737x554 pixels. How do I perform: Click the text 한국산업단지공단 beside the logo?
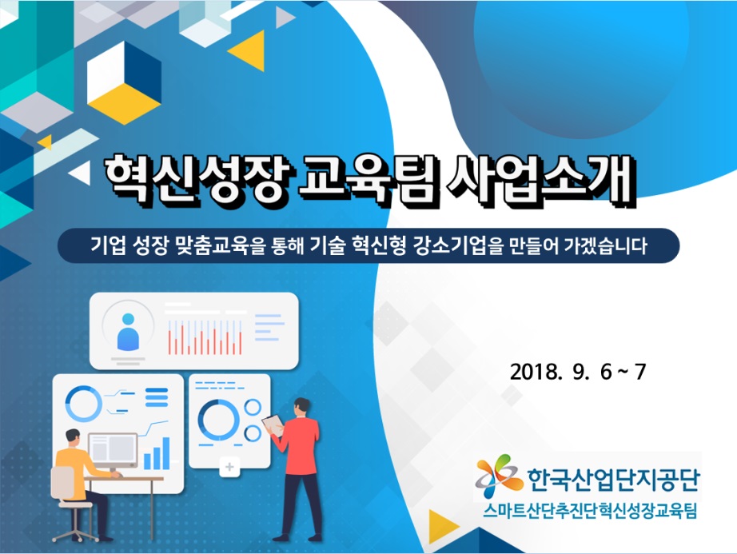pyautogui.click(x=613, y=480)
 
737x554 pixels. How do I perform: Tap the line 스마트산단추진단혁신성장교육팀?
pyautogui.click(x=590, y=512)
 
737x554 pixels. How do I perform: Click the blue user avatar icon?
pyautogui.click(x=128, y=332)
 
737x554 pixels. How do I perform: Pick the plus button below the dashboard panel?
pyautogui.click(x=230, y=467)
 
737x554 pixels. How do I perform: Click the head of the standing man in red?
pyautogui.click(x=302, y=407)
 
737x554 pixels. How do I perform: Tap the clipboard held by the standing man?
pyautogui.click(x=273, y=425)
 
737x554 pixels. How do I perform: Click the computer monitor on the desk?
pyautogui.click(x=113, y=452)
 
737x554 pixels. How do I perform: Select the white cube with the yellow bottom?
pyautogui.click(x=124, y=82)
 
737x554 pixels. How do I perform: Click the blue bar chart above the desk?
pyautogui.click(x=157, y=453)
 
